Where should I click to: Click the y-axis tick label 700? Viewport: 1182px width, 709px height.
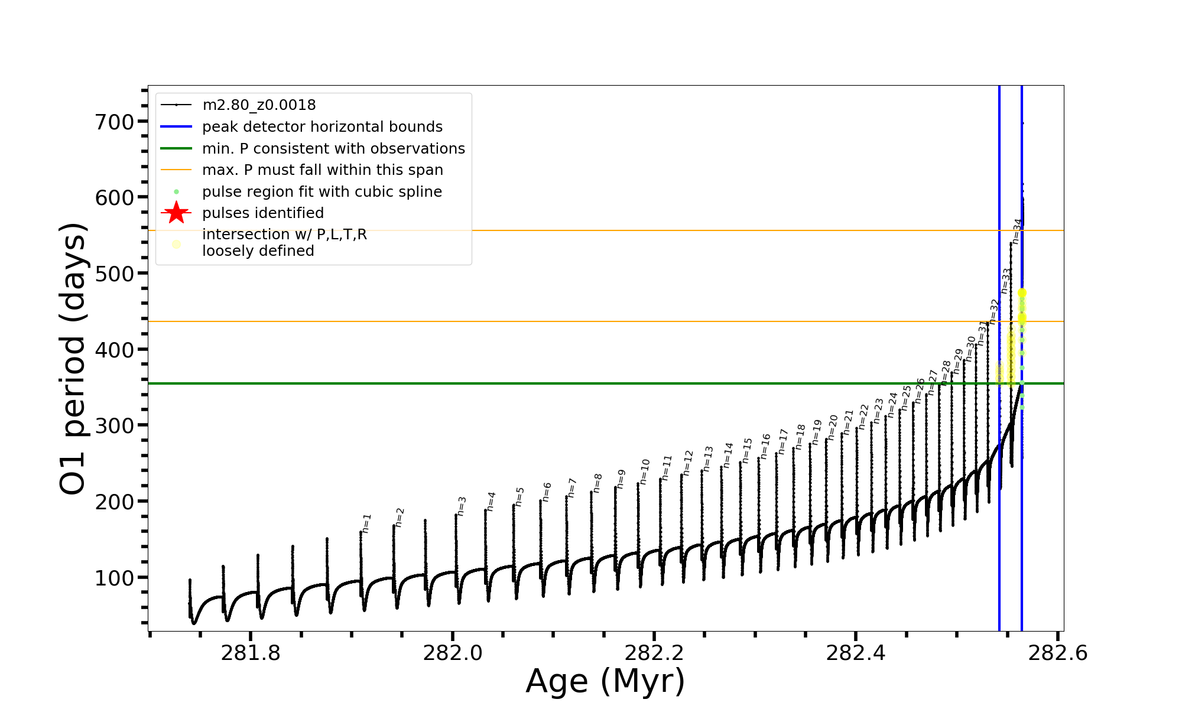pos(115,122)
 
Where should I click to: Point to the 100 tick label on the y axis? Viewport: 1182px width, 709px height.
pos(115,578)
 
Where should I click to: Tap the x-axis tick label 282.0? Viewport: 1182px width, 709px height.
pos(453,653)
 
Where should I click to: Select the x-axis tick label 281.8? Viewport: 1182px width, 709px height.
pos(251,653)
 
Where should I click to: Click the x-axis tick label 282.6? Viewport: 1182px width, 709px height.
pos(1058,653)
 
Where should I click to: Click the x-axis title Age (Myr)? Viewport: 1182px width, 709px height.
pos(605,681)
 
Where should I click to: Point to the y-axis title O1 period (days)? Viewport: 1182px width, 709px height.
pos(73,359)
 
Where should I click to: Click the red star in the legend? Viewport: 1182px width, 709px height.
pos(176,213)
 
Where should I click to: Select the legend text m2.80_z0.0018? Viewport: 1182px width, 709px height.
pos(259,105)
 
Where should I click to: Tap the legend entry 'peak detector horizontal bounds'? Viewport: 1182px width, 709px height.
pos(322,127)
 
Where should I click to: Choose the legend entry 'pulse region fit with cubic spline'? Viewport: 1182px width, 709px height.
pos(322,192)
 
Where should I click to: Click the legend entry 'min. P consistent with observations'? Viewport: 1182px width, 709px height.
pos(333,148)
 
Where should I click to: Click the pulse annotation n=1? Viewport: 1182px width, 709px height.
pos(367,523)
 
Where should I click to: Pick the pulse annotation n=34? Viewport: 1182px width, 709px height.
pos(1017,231)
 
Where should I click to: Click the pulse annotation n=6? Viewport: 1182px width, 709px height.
pos(547,492)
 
